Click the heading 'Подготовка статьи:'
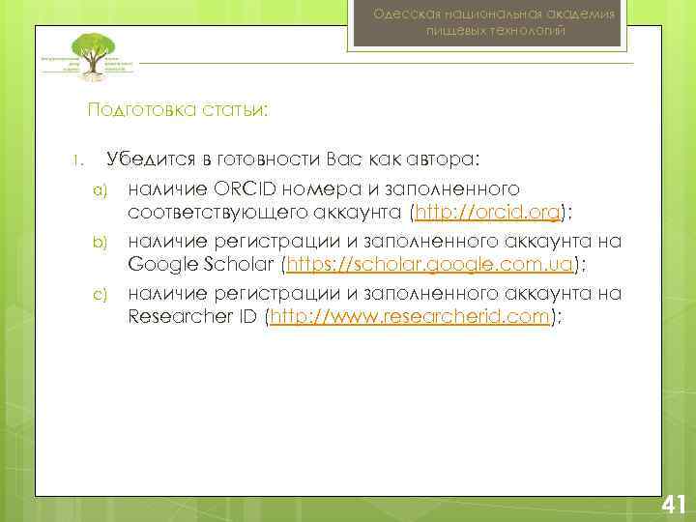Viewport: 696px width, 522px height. click(178, 109)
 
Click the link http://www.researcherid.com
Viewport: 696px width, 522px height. click(410, 317)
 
